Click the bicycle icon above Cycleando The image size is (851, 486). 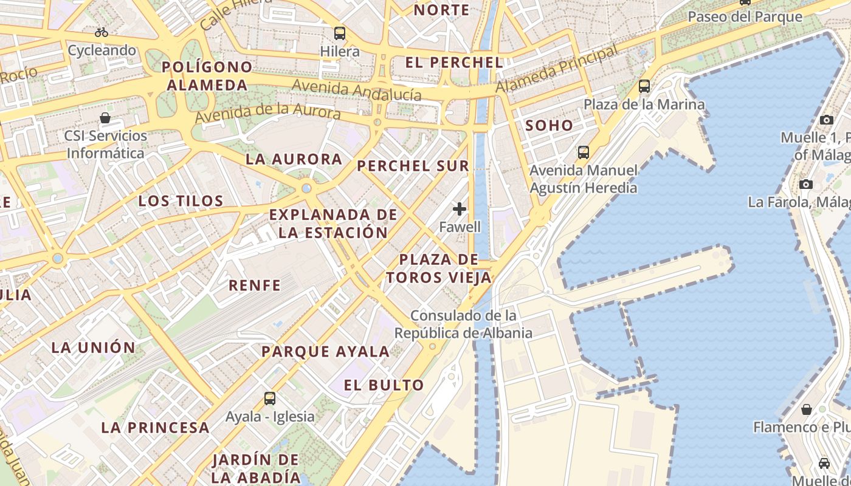click(102, 32)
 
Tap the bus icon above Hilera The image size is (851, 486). click(340, 33)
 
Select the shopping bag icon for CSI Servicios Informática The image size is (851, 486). click(105, 118)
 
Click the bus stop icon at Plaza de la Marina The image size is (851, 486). click(644, 86)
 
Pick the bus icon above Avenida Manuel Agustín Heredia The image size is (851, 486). click(584, 152)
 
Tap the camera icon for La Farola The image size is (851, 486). click(806, 184)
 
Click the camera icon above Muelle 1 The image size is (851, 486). click(827, 120)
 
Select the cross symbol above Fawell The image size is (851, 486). click(460, 210)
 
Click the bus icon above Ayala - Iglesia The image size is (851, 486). click(270, 399)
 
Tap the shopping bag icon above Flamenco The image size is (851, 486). click(807, 409)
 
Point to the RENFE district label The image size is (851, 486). click(255, 285)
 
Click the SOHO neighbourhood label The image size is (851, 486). click(549, 126)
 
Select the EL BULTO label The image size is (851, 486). click(384, 385)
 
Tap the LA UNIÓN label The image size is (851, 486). click(93, 347)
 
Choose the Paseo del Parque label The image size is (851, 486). click(745, 16)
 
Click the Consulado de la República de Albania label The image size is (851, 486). click(463, 324)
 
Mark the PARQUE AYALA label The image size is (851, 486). click(325, 351)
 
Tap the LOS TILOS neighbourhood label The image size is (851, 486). click(181, 201)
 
